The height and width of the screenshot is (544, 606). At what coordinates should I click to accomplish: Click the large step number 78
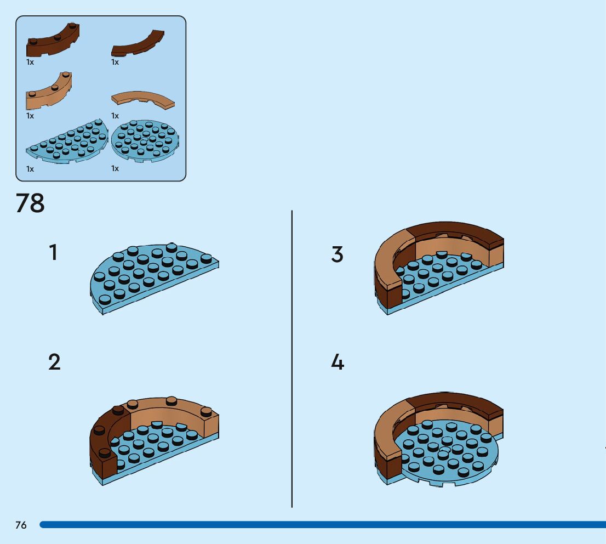30,203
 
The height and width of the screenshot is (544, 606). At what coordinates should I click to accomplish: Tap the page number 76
21,525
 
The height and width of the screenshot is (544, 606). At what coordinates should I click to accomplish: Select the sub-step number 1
53,253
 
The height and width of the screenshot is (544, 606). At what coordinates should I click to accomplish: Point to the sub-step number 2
54,362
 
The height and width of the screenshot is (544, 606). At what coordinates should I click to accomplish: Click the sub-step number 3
337,254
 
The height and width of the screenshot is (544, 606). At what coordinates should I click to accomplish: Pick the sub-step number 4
338,362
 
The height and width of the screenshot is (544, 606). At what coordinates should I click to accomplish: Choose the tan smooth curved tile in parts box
143,99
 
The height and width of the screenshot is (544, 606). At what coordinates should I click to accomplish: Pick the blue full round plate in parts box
144,141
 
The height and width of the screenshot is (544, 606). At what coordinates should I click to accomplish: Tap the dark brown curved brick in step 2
103,444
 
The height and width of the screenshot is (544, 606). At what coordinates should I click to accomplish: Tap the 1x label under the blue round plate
115,169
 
